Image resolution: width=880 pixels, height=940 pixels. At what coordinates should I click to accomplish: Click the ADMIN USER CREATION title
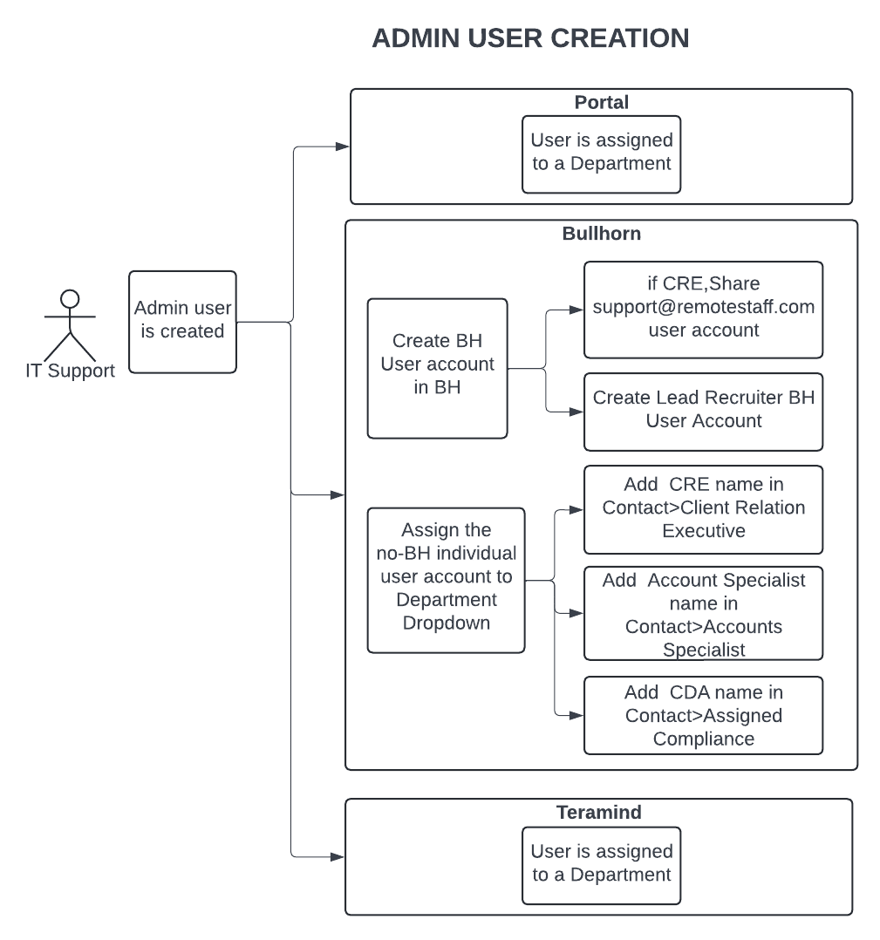coord(530,38)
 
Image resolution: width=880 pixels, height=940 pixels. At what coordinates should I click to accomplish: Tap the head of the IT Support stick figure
coord(70,298)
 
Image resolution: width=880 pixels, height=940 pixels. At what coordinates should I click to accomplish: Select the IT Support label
coord(70,371)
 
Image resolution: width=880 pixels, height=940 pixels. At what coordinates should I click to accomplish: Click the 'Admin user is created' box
coord(183,322)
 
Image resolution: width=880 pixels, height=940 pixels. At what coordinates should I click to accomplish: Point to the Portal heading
coord(601,102)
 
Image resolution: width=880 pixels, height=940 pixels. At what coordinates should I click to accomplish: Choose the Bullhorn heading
coord(601,233)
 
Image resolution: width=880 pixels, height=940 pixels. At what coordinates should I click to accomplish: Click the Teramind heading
coord(599,812)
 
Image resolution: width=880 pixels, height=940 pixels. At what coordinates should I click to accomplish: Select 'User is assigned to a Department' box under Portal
coord(601,154)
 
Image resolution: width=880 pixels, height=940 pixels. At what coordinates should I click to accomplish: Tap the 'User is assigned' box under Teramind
coord(601,866)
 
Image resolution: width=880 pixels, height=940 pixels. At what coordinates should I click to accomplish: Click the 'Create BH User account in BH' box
coord(438,369)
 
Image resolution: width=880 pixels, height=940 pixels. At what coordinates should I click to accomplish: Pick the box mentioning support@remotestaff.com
coord(703,310)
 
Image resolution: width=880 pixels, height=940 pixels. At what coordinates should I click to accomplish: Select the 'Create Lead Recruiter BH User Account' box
coord(703,412)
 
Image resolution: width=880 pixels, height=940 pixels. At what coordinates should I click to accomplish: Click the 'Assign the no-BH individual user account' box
coord(446,581)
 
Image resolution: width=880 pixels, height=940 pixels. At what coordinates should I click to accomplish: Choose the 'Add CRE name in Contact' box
coord(703,509)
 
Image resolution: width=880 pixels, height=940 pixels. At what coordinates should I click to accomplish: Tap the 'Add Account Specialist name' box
coord(703,613)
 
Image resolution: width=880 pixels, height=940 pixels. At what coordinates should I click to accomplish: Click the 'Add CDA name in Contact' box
coord(703,715)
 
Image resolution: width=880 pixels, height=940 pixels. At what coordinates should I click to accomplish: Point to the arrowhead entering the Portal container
coord(343,146)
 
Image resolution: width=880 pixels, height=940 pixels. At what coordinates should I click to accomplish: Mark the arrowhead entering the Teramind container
coord(338,856)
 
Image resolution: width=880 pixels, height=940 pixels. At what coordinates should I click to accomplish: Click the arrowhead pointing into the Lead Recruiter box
coord(576,412)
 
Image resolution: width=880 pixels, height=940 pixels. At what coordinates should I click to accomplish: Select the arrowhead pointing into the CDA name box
coord(576,715)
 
